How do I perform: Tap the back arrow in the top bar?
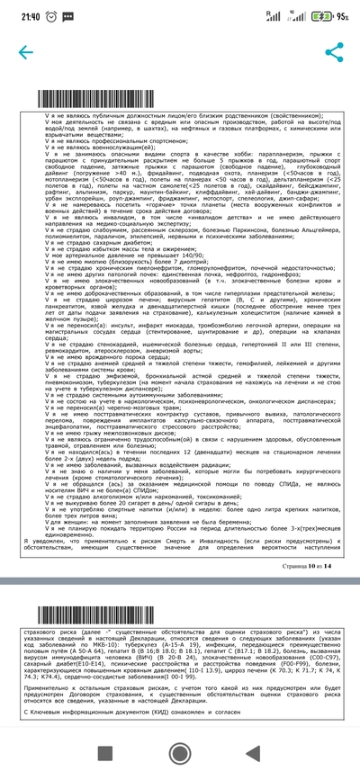[21, 51]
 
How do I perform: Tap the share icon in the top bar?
[335, 51]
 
